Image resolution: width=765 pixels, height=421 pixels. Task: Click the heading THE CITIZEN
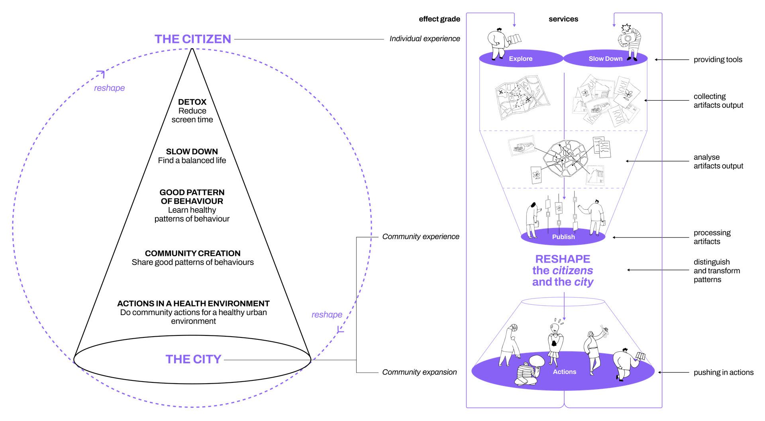(192, 39)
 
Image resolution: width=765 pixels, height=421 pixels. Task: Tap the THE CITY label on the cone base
(193, 359)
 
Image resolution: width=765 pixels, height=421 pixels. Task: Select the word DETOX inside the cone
(192, 102)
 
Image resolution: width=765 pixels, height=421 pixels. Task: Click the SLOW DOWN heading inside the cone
(192, 152)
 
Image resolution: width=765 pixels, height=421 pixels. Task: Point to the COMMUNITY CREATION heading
(192, 253)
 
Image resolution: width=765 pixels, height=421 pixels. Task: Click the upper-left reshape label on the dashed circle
(109, 88)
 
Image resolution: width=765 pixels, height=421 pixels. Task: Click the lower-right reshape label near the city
(327, 315)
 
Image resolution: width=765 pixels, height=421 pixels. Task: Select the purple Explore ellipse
(520, 59)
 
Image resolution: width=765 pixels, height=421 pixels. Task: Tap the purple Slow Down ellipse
(605, 59)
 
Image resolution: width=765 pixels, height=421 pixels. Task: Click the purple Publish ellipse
(563, 237)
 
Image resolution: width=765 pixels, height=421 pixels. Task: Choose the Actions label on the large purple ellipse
(564, 372)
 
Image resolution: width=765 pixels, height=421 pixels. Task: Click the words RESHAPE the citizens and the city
(563, 271)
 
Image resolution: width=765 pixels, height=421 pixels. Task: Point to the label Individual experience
(425, 39)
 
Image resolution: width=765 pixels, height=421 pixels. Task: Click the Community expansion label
(419, 372)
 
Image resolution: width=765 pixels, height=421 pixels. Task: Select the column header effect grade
(439, 19)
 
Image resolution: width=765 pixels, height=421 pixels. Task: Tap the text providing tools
(718, 60)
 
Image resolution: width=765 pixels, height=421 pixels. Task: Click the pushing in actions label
(723, 372)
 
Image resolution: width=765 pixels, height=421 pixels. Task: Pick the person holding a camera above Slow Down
(630, 42)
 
